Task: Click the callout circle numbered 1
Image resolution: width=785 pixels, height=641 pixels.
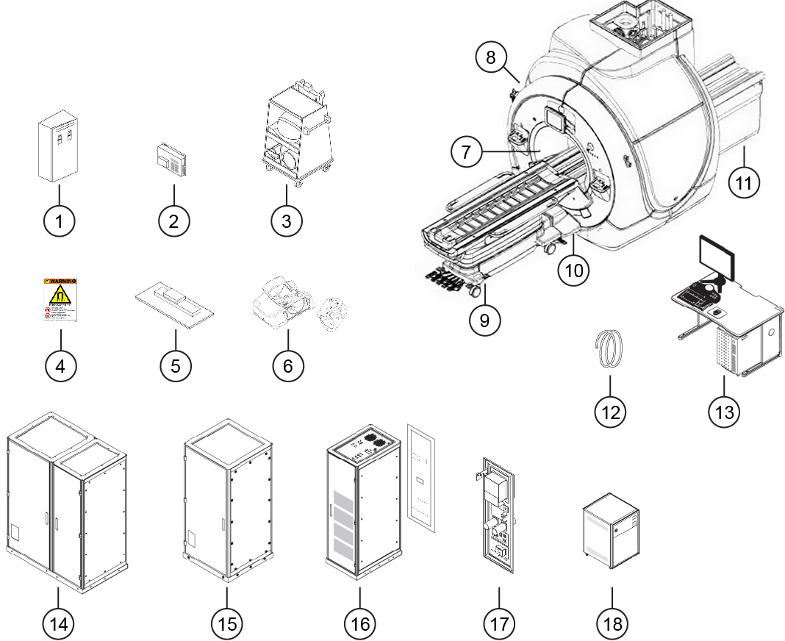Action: tap(60, 220)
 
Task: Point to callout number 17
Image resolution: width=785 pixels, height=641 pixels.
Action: tap(499, 623)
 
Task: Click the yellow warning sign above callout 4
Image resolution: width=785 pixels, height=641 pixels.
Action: tap(60, 300)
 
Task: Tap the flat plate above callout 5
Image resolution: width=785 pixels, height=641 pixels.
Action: tap(174, 303)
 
